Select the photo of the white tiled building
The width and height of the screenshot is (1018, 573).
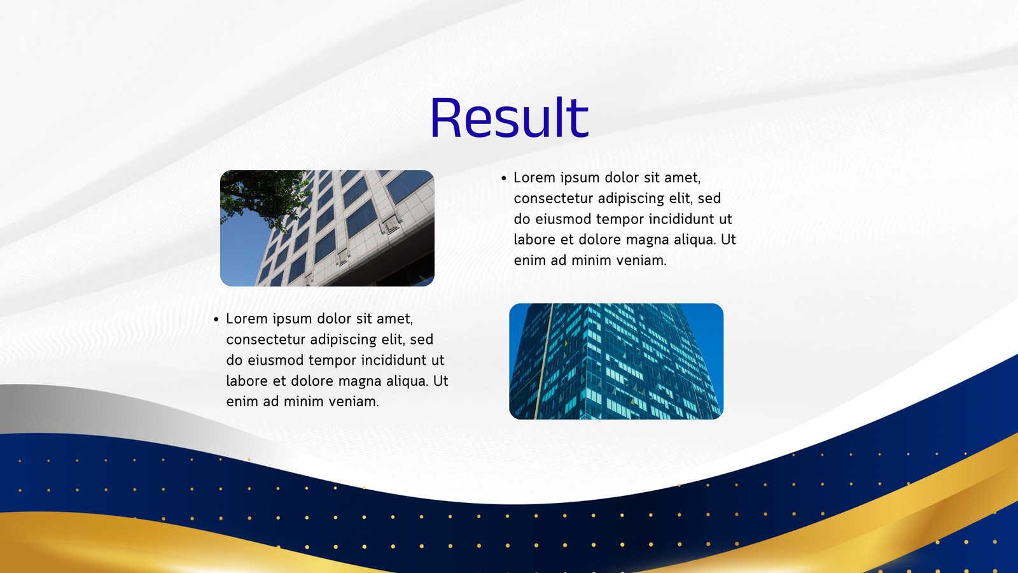coord(327,228)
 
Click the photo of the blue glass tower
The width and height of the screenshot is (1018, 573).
coord(617,361)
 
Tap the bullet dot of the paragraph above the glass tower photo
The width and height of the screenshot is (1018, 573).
coord(503,178)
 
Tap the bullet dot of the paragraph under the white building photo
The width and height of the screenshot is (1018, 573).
coord(216,320)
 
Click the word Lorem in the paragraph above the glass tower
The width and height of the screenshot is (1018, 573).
coord(534,178)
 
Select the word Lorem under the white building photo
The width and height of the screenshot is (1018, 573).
coord(247,319)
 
